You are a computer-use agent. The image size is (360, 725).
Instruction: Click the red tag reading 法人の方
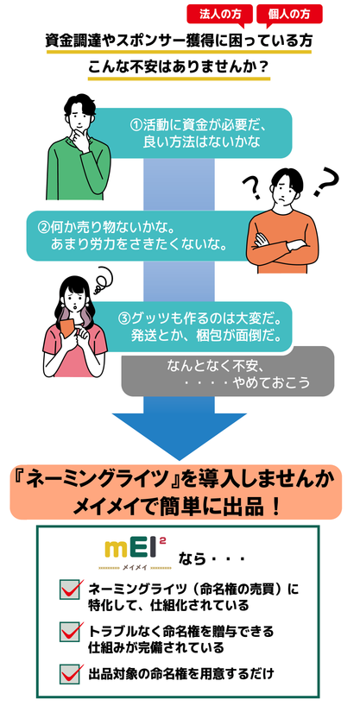point(221,15)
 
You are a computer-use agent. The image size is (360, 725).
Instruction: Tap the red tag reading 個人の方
point(289,15)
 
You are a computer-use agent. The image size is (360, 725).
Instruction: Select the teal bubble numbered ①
point(194,133)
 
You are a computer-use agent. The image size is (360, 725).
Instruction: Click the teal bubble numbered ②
point(139,236)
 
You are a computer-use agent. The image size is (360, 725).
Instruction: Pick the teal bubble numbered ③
point(194,326)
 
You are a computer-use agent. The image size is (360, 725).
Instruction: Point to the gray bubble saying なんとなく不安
point(228,374)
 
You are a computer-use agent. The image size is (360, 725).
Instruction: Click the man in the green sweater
point(78,148)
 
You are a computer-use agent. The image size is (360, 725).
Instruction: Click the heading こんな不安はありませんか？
point(179,67)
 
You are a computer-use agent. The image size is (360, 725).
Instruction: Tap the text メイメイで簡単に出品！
point(176,506)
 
